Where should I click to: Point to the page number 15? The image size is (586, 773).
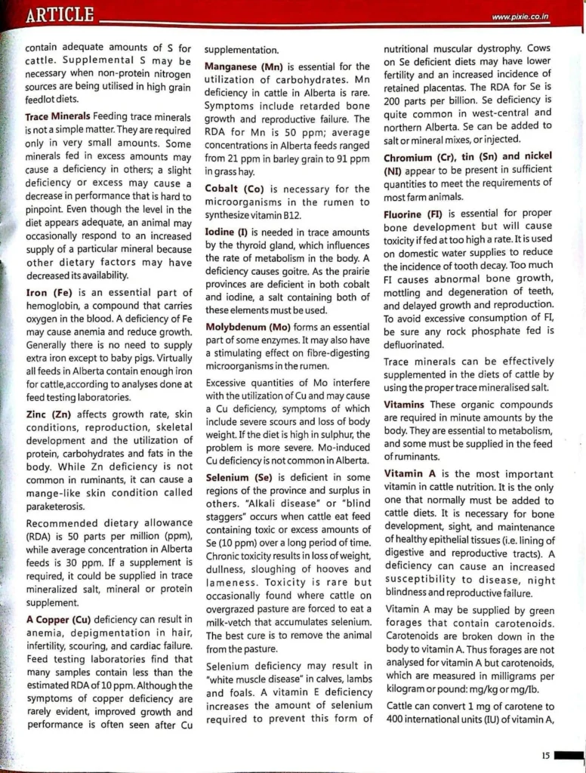click(545, 753)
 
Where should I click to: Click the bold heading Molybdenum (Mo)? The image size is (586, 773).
click(249, 328)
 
